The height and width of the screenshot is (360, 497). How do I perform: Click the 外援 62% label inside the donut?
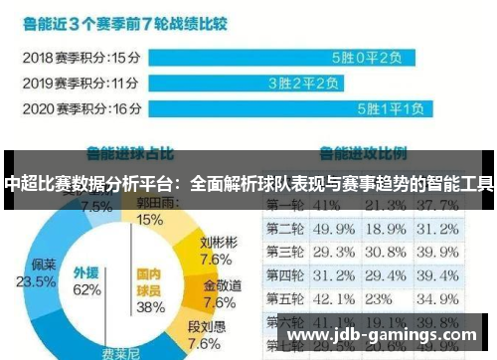[86, 282]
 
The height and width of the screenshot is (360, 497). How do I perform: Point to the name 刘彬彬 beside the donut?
[217, 241]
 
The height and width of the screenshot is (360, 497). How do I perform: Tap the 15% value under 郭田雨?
[150, 219]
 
